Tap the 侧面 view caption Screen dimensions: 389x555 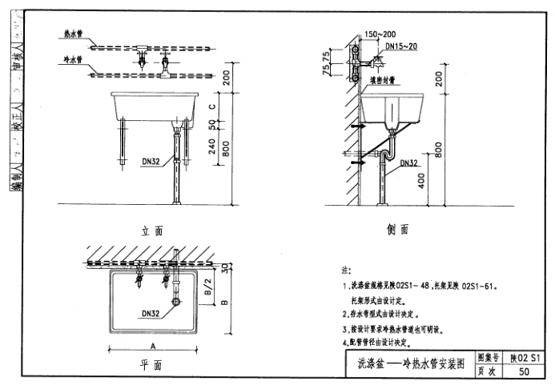click(x=399, y=230)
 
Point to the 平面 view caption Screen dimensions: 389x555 click(x=151, y=365)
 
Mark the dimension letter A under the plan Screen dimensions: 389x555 click(x=152, y=342)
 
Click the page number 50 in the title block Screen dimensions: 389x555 click(x=524, y=371)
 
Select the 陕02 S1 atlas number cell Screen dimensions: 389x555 click(x=525, y=358)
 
